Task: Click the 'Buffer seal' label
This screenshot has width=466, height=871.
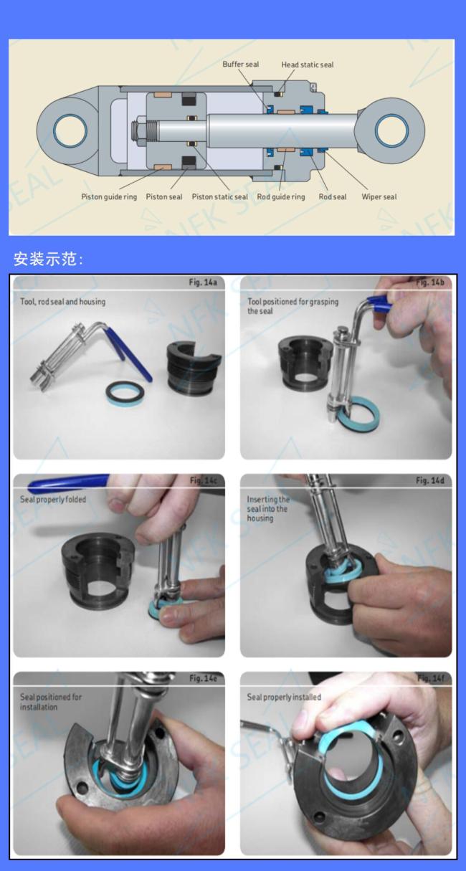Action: (x=240, y=64)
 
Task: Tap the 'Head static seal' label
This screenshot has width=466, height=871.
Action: (x=308, y=65)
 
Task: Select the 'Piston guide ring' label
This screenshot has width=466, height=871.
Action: (x=109, y=196)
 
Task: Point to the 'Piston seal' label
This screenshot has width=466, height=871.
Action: (x=163, y=196)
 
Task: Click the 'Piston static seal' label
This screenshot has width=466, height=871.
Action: (x=219, y=196)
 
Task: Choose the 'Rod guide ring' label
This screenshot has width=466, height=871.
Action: (x=281, y=196)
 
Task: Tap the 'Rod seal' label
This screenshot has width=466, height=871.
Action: (x=333, y=196)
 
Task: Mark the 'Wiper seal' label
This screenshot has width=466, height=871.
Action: (x=379, y=196)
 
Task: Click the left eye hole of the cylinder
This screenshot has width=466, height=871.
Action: (x=70, y=130)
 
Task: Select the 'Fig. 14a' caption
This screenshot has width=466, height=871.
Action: (x=203, y=282)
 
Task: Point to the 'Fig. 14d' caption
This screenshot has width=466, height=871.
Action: (x=430, y=480)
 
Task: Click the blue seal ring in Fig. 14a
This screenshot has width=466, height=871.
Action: (x=125, y=395)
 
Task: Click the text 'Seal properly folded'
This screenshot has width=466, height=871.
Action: (x=53, y=499)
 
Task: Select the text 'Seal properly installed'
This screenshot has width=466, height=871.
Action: (x=284, y=697)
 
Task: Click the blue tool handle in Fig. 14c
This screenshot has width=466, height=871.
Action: (x=68, y=482)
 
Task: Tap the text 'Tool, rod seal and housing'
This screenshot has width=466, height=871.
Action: (x=62, y=301)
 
